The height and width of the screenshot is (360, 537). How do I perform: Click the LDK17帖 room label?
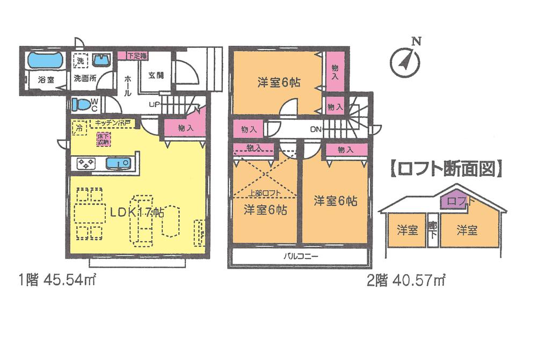[x=137, y=212]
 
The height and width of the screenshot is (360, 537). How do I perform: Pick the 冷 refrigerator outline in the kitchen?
[x=79, y=128]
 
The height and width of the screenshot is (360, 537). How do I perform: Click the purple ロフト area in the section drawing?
[x=453, y=201]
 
